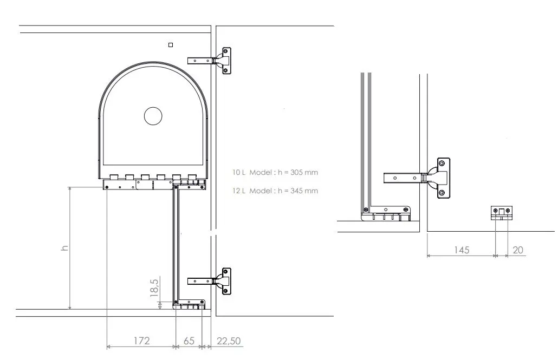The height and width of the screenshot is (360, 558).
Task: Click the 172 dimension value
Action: tap(141, 341)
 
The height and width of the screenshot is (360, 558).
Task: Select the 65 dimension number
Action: tap(189, 341)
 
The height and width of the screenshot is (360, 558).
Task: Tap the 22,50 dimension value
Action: tap(229, 341)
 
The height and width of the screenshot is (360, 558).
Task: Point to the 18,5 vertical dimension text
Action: tap(154, 288)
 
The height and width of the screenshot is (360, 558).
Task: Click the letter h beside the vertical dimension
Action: tap(64, 248)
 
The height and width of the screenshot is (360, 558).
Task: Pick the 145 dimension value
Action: tap(462, 250)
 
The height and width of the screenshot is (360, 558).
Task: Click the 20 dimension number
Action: tap(518, 250)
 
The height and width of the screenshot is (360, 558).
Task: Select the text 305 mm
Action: tap(304, 173)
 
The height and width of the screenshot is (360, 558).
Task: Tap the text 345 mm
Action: tap(304, 191)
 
